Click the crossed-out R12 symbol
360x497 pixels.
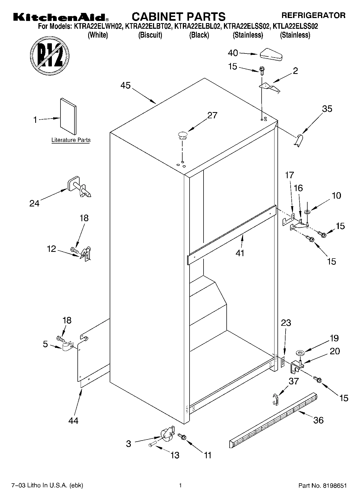tap(50, 55)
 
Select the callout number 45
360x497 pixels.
tap(125, 85)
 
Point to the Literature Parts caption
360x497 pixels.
tap(71, 140)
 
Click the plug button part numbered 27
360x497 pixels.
tap(182, 135)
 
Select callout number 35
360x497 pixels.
tap(327, 109)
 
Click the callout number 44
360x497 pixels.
tap(73, 420)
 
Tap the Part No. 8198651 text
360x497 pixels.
tap(322, 486)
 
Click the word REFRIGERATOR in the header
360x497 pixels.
tap(313, 15)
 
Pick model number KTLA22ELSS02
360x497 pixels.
tap(295, 27)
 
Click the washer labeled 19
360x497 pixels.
tap(300, 353)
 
